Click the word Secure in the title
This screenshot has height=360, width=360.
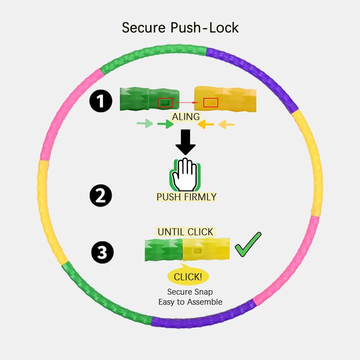pyautogui.click(x=144, y=28)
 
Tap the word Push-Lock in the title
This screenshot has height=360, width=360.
pyautogui.click(x=204, y=28)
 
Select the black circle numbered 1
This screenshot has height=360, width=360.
pyautogui.click(x=101, y=101)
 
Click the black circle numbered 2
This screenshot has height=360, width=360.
pyautogui.click(x=101, y=195)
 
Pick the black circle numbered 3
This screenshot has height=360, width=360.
pyautogui.click(x=102, y=252)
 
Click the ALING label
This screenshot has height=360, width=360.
pyautogui.click(x=186, y=117)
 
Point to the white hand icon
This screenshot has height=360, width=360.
pyautogui.click(x=185, y=175)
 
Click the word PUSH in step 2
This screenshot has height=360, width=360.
pyautogui.click(x=168, y=197)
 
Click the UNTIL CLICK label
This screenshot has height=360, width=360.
pyautogui.click(x=185, y=232)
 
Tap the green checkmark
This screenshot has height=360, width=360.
pyautogui.click(x=248, y=244)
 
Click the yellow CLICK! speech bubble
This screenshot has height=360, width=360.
pyautogui.click(x=188, y=275)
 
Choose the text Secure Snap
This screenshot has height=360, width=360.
pyautogui.click(x=190, y=292)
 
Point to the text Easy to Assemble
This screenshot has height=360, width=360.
pyautogui.click(x=190, y=302)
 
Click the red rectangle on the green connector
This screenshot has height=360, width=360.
pyautogui.click(x=165, y=102)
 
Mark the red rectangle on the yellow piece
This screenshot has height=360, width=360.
pyautogui.click(x=211, y=102)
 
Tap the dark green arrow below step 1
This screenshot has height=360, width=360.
pyautogui.click(x=166, y=124)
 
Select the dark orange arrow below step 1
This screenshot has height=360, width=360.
pyautogui.click(x=206, y=124)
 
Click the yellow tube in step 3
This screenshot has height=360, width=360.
pyautogui.click(x=206, y=249)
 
